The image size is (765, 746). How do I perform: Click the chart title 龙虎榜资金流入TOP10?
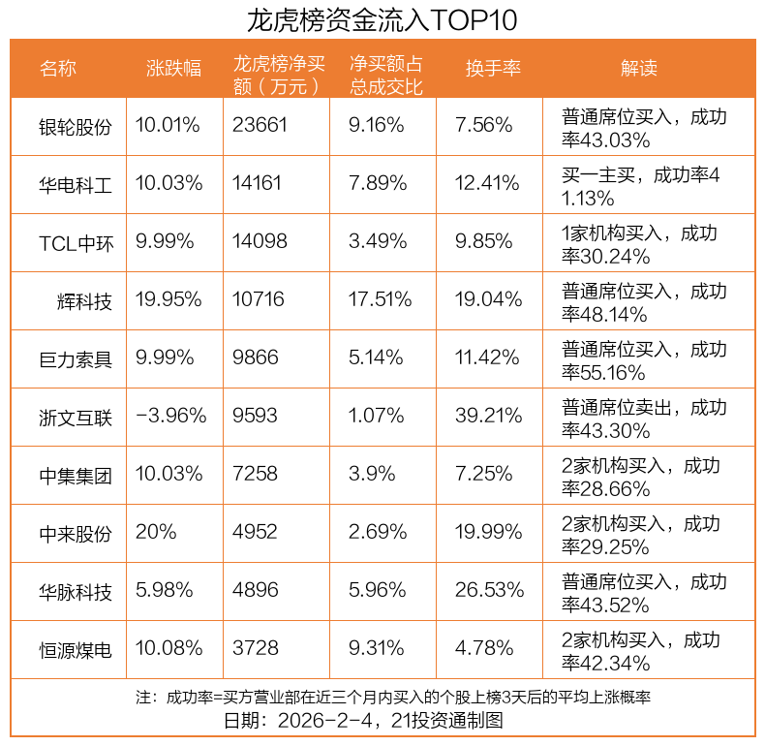tap(382, 19)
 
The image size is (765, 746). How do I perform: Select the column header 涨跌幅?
tap(173, 68)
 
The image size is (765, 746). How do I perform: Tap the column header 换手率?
tap(493, 68)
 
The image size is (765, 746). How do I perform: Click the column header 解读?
tap(638, 68)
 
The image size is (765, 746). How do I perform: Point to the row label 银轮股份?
tap(76, 126)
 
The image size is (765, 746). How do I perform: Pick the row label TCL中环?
tap(76, 242)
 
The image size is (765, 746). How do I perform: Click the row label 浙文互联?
tap(76, 417)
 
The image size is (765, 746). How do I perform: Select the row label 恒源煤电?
tap(76, 649)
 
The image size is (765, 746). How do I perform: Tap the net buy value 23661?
tap(260, 125)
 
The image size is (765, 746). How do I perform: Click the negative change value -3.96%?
tap(171, 416)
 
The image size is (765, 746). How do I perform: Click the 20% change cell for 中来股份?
tap(156, 532)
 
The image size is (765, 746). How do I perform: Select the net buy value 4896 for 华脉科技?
tap(255, 590)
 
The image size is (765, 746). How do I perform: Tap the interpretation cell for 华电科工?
tap(641, 186)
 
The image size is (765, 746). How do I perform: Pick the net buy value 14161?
tap(260, 183)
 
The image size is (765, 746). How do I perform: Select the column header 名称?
tap(58, 68)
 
